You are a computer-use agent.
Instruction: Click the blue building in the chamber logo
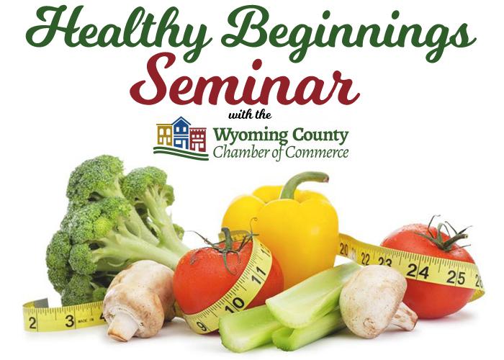[x=181, y=133]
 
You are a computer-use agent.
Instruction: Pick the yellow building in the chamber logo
[x=165, y=135]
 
